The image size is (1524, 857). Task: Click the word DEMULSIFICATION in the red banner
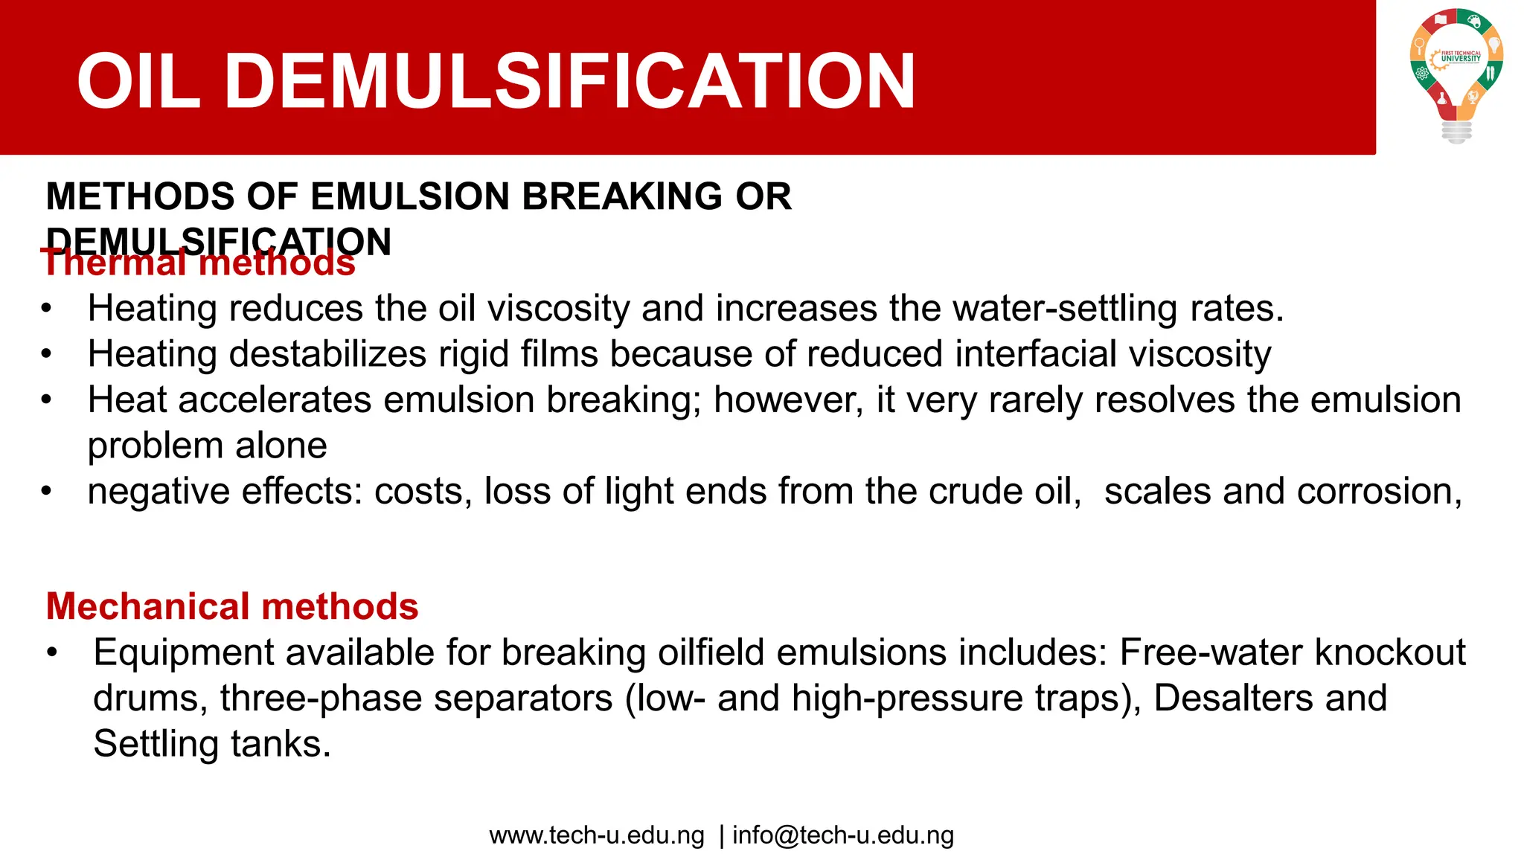tap(569, 81)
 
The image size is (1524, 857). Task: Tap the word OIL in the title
tap(138, 81)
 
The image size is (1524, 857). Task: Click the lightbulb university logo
tap(1456, 74)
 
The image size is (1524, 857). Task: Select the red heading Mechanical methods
tap(232, 606)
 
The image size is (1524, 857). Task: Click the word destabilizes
tap(327, 354)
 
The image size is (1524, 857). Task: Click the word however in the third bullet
tap(788, 400)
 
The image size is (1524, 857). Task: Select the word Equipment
tap(184, 653)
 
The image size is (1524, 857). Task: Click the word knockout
tap(1390, 652)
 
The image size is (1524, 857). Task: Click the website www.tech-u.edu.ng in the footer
tap(597, 835)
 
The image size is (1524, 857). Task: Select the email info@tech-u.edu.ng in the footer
tap(843, 835)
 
